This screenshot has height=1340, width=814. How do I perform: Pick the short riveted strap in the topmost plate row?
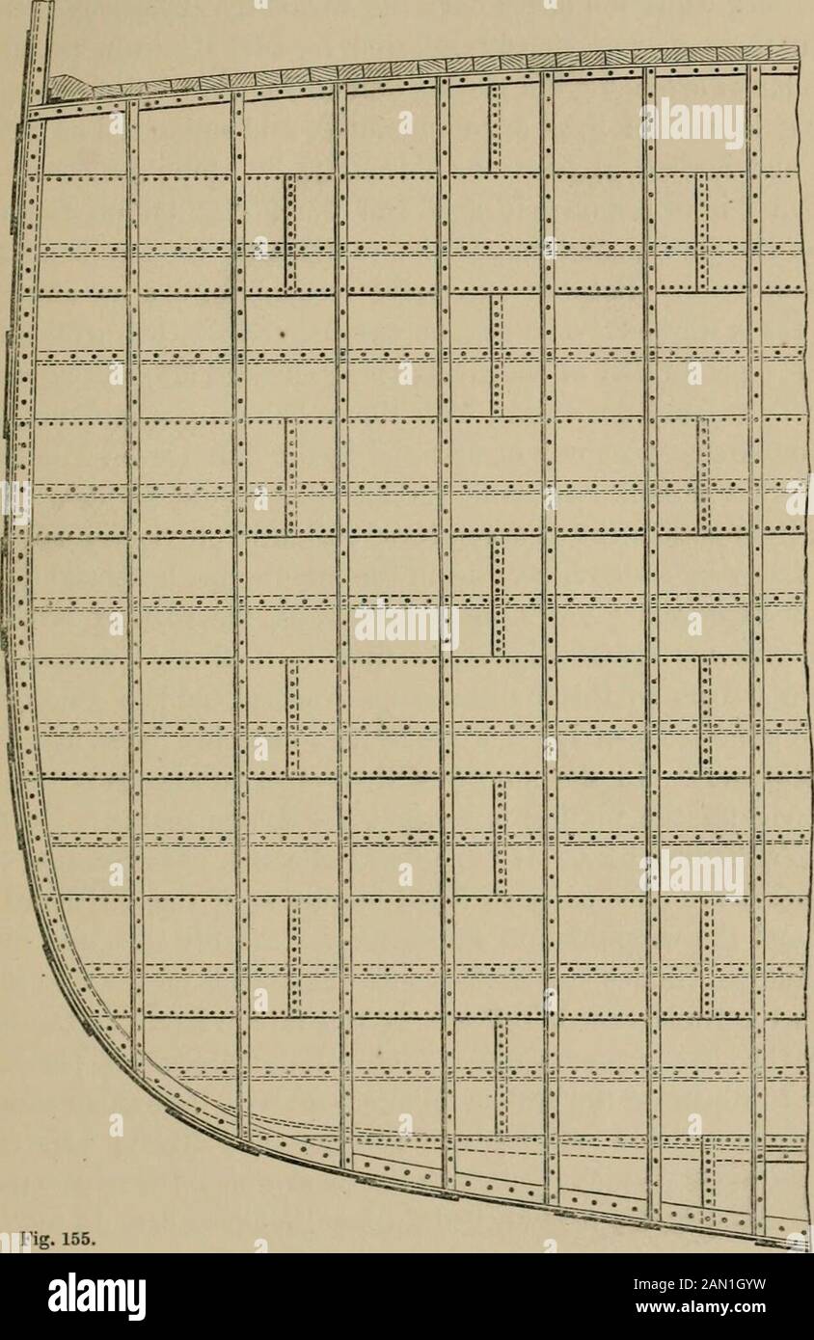494,127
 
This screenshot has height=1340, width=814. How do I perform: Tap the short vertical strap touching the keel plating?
710,1171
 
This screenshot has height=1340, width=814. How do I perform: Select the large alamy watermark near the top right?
692,122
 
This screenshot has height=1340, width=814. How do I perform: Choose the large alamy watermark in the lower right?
692,874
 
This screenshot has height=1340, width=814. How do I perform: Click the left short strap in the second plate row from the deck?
289,232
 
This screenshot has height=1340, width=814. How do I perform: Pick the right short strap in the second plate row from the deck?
702,232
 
